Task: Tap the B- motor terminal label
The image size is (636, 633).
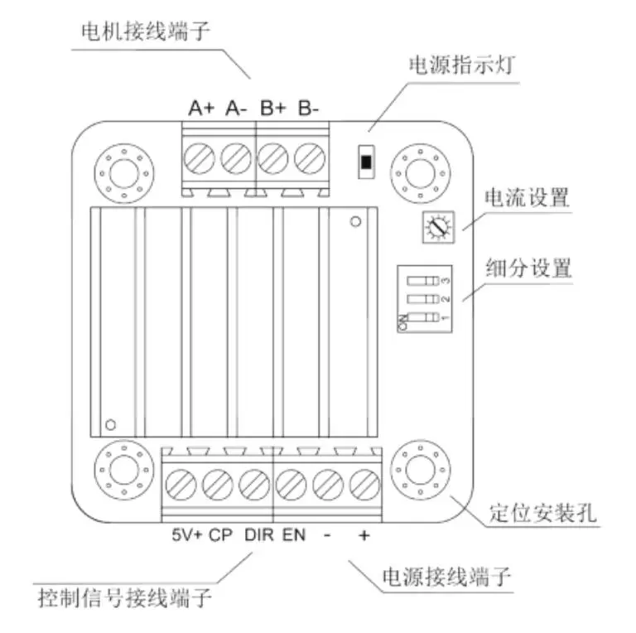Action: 309,108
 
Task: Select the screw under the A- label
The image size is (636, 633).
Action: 236,156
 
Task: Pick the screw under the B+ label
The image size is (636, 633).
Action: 272,156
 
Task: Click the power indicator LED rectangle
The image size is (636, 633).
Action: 364,160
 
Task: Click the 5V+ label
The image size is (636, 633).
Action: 185,535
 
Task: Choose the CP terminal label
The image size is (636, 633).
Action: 219,535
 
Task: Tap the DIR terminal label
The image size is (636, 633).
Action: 258,535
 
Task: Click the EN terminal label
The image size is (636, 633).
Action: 293,535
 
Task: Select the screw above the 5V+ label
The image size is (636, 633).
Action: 181,481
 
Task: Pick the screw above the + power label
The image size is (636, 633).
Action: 363,481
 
